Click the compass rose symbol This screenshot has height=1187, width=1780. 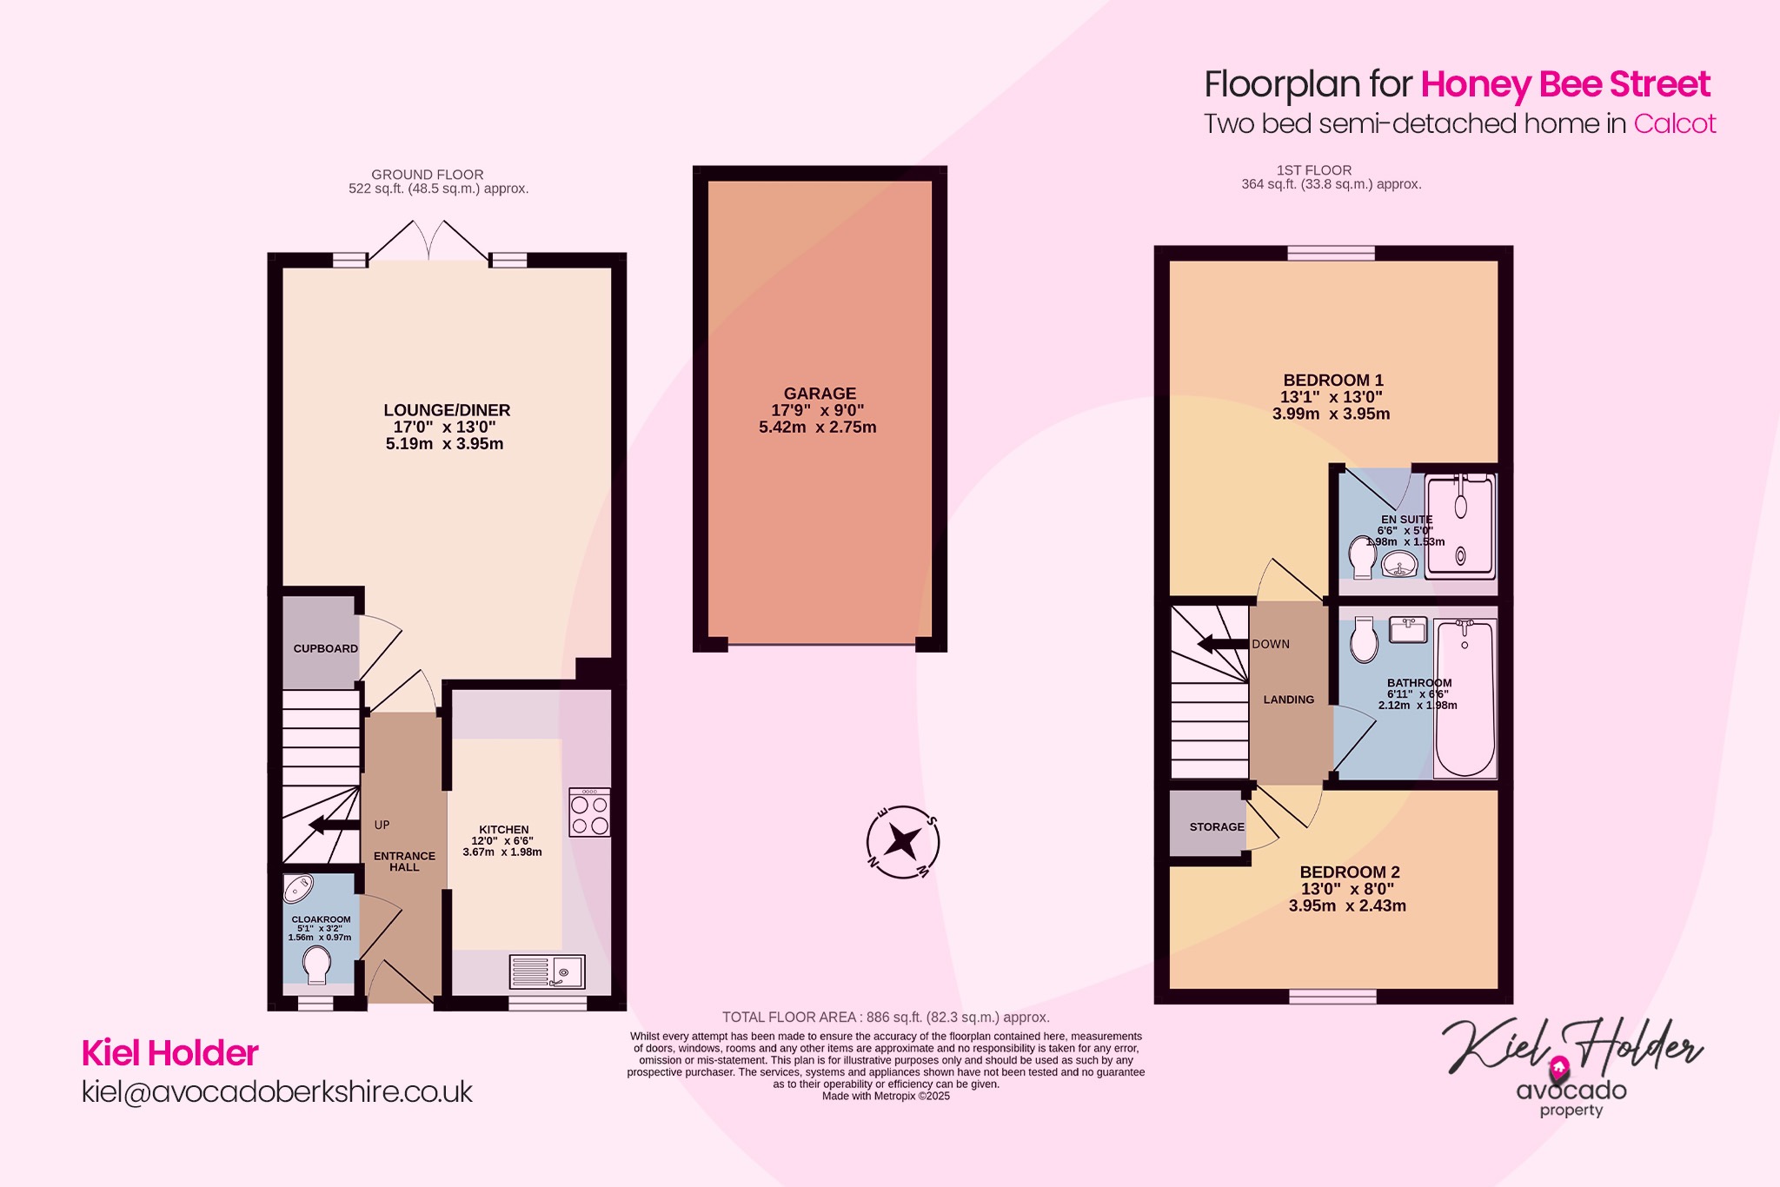903,842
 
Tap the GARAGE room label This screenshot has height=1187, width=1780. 820,394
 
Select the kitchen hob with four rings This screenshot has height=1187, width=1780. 589,813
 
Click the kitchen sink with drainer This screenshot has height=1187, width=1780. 548,971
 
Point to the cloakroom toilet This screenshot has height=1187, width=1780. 316,965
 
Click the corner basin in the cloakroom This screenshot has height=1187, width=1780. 297,888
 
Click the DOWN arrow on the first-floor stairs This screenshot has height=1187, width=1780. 1222,644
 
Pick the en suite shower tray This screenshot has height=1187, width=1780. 1461,527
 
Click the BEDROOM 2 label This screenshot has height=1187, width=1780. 1350,872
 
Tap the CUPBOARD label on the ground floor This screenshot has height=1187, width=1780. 325,648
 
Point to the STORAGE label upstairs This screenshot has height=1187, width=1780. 1216,826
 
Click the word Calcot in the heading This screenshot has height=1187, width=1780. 1675,123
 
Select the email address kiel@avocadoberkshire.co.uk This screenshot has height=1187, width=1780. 277,1091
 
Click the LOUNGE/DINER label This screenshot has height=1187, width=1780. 447,410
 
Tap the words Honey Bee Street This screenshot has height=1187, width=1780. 1565,84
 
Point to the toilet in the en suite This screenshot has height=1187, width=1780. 1361,557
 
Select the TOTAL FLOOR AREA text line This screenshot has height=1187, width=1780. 886,1017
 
